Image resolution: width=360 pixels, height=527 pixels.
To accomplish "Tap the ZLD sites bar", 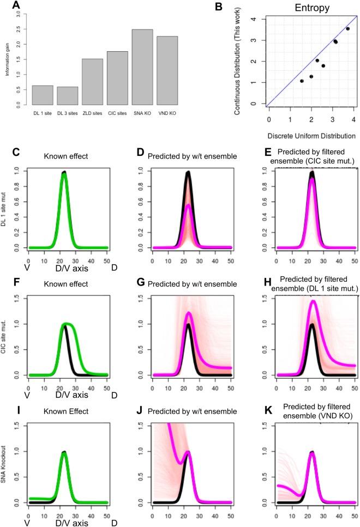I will coord(92,81).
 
